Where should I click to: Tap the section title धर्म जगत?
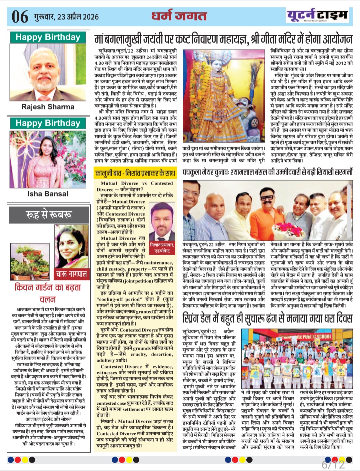pos(179,16)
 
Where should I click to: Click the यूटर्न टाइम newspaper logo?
pos(317,15)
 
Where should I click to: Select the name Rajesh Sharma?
pos(48,107)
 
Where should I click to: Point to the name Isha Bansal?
pos(48,194)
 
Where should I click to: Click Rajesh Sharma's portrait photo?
pos(48,72)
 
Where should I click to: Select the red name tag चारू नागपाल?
pos(71,274)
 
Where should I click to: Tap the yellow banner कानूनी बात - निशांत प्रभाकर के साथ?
pos(135,173)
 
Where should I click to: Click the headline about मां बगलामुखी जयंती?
pos(223,39)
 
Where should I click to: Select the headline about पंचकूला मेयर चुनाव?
pos(267,173)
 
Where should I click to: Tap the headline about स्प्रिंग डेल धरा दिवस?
pos(267,318)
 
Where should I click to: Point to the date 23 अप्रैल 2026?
pos(66,17)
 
